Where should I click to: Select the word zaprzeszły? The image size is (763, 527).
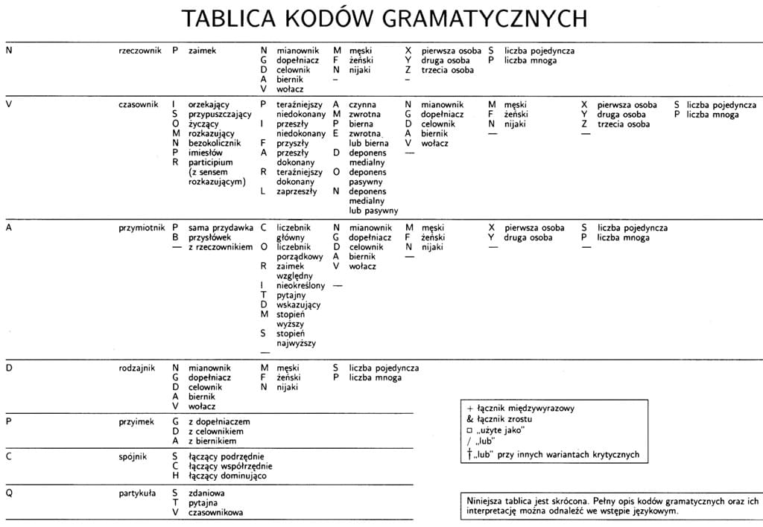click(296, 191)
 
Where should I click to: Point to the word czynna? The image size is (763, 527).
click(362, 105)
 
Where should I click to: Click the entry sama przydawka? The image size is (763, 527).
click(221, 228)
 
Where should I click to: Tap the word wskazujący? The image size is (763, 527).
click(298, 304)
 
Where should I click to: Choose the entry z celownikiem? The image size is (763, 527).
click(216, 432)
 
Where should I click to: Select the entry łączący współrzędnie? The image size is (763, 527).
click(230, 466)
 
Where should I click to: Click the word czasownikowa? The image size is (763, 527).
click(215, 512)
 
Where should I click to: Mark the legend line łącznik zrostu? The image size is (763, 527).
click(504, 419)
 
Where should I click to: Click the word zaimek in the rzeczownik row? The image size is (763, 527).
click(202, 51)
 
